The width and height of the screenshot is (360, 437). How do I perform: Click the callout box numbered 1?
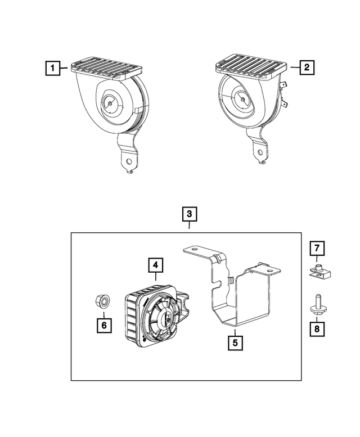[x=53, y=69]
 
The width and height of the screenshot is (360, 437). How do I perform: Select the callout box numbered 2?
[x=307, y=68]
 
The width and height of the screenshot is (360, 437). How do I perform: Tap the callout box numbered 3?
[x=190, y=214]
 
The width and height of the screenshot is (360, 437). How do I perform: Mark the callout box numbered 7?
[x=317, y=248]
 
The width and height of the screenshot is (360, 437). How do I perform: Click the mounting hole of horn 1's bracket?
[x=130, y=161]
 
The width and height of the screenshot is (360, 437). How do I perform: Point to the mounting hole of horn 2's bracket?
[x=260, y=152]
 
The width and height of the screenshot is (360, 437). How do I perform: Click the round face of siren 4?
[x=164, y=318]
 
